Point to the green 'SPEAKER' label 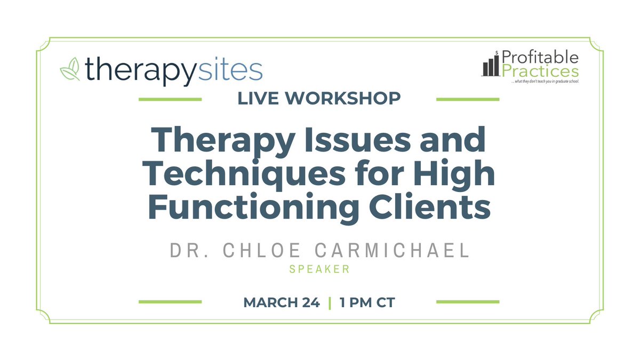[x=319, y=269]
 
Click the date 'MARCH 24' [x=281, y=302]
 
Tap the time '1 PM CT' [x=367, y=302]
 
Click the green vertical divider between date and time [x=330, y=302]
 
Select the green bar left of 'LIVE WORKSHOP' [x=170, y=99]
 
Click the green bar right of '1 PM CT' [x=468, y=302]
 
